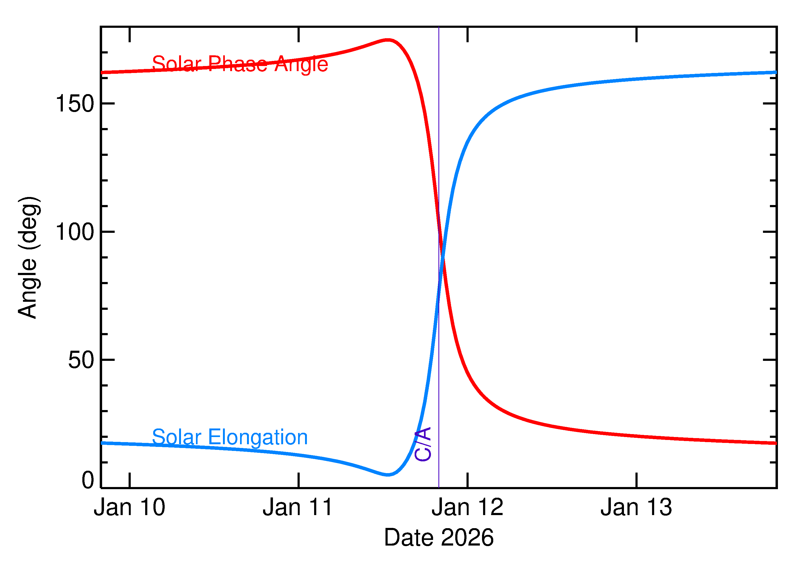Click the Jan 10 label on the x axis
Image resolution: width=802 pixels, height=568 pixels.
tap(129, 508)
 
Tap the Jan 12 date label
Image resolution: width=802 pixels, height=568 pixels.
tap(467, 508)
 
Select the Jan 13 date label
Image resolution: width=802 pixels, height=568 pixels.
tap(636, 508)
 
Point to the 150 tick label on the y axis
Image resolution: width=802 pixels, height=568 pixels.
tap(75, 104)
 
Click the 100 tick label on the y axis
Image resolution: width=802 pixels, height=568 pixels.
tap(75, 232)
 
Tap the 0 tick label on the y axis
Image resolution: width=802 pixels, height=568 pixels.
tap(88, 480)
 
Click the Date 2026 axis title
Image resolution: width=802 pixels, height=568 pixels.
tap(439, 538)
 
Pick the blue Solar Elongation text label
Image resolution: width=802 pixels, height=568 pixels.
tap(230, 437)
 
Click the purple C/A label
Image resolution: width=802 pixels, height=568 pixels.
tap(423, 444)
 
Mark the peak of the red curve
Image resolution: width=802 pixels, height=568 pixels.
tap(388, 40)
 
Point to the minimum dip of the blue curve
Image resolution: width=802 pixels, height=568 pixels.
tap(388, 475)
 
